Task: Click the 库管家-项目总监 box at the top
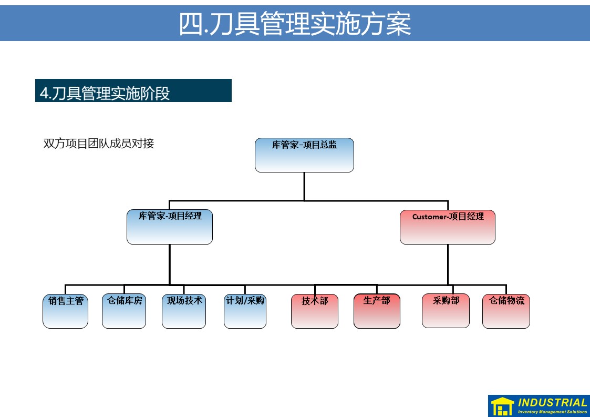(304, 155)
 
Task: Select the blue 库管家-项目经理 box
(170, 227)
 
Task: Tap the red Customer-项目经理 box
(448, 227)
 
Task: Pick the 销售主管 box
(66, 311)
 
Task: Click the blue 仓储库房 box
(124, 311)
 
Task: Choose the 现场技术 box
(184, 311)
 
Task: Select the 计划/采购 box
(245, 311)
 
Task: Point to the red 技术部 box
(315, 311)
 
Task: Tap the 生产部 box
(377, 311)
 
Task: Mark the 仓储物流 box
(506, 311)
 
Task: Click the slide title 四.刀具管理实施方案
(295, 24)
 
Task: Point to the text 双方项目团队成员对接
(99, 144)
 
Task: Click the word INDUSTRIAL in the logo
(552, 402)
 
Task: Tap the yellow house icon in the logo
(502, 406)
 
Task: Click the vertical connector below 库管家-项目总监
(304, 186)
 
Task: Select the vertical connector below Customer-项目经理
(448, 264)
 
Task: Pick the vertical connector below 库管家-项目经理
(170, 264)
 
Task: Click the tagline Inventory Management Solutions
(552, 412)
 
